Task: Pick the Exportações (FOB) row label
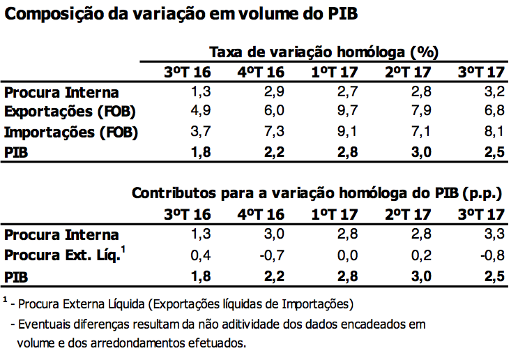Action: point(70,112)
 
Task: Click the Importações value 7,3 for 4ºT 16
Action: point(273,132)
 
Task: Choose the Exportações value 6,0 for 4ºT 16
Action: point(273,112)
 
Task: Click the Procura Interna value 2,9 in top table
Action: point(273,92)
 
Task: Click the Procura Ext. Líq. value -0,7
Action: point(271,255)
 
